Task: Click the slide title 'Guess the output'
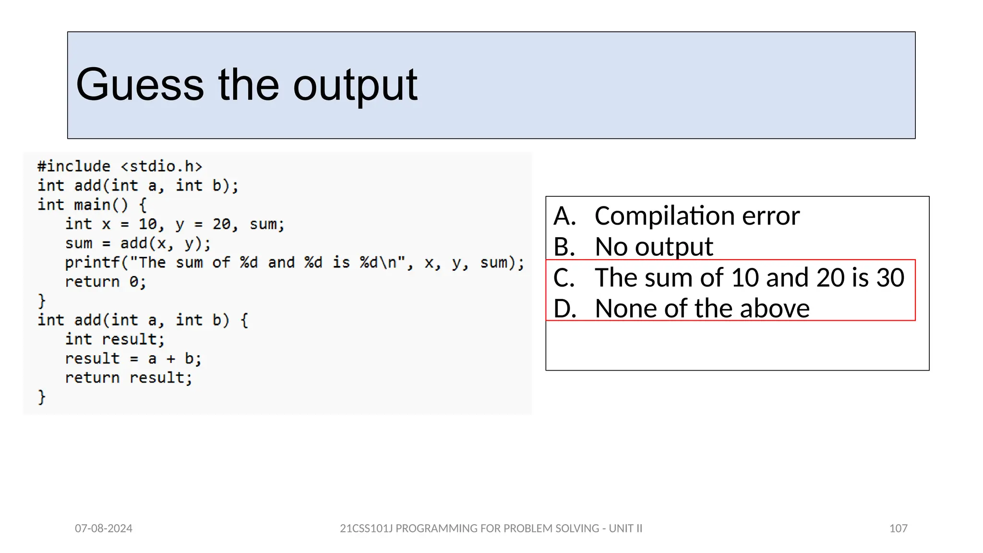[x=246, y=85]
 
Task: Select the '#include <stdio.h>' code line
[x=120, y=167]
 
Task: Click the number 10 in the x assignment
[x=148, y=224]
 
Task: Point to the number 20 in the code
[x=221, y=224]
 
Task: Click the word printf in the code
[x=92, y=263]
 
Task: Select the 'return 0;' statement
[x=106, y=282]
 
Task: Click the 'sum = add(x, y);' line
[x=138, y=243]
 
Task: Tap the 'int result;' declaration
[x=115, y=339]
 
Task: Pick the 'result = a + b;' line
[x=133, y=359]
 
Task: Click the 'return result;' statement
[x=129, y=378]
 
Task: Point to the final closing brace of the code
[x=42, y=397]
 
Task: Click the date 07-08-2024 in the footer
[x=104, y=529]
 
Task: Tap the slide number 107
[x=898, y=529]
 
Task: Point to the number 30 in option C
[x=890, y=277]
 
